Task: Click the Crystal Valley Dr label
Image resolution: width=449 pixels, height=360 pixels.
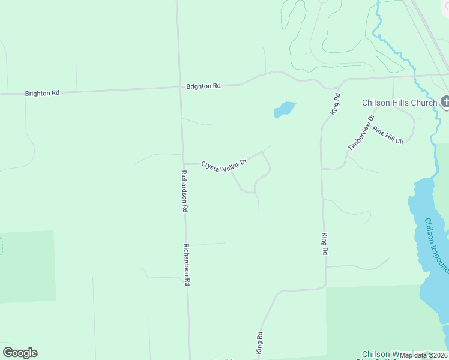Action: [x=224, y=166]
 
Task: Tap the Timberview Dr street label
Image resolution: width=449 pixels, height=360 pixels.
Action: [x=361, y=133]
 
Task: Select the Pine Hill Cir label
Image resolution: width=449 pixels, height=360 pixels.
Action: [x=387, y=134]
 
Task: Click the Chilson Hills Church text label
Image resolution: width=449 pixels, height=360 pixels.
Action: [x=399, y=103]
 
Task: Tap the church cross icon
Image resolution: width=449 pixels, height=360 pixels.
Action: [x=445, y=103]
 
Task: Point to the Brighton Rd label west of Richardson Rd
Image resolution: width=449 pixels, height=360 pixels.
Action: [x=43, y=93]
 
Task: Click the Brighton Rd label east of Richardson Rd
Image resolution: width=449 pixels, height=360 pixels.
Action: [x=203, y=86]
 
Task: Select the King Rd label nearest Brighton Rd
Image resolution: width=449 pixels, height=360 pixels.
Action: [x=336, y=104]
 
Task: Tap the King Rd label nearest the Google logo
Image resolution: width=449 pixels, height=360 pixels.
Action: [x=260, y=342]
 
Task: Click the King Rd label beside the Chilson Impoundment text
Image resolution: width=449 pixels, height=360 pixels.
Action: [x=325, y=245]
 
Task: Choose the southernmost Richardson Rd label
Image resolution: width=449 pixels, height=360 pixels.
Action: [x=187, y=265]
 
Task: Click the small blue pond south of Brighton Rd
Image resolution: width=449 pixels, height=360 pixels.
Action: [x=285, y=110]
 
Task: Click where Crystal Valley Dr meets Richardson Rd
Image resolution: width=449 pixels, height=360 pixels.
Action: [x=184, y=163]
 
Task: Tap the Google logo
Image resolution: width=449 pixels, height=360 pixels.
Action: [x=20, y=353]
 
